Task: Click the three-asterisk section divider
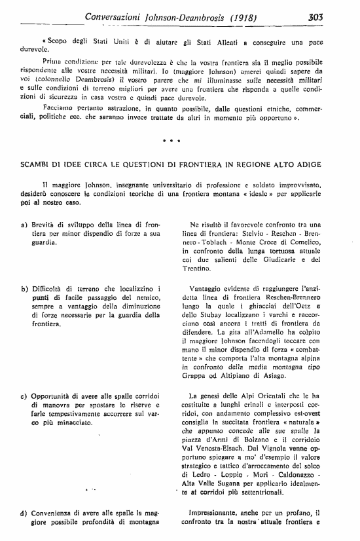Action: (x=170, y=140)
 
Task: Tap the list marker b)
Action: (x=24, y=289)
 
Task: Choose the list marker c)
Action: (x=24, y=398)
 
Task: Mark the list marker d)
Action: (x=24, y=513)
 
